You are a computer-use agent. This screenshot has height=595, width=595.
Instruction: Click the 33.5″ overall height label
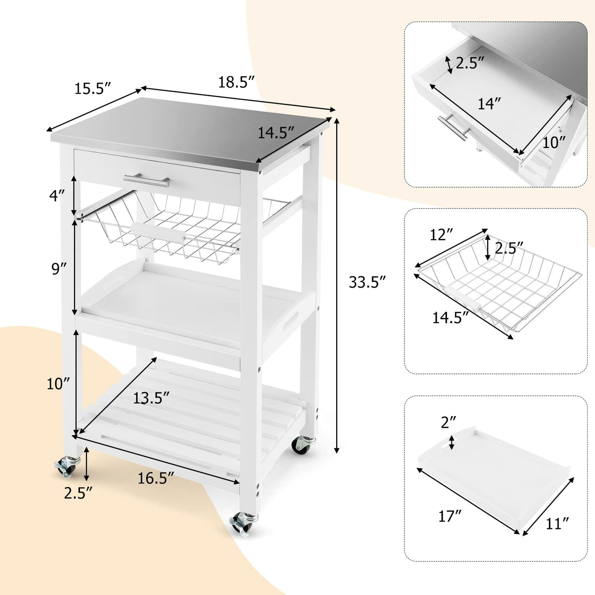368,283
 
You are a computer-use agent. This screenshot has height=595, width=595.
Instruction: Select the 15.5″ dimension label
93,89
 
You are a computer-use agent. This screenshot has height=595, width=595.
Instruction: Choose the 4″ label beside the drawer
56,197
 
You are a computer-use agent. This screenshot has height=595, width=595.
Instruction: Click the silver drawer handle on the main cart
147,179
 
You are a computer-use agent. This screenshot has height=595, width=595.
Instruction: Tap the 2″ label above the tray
448,421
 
